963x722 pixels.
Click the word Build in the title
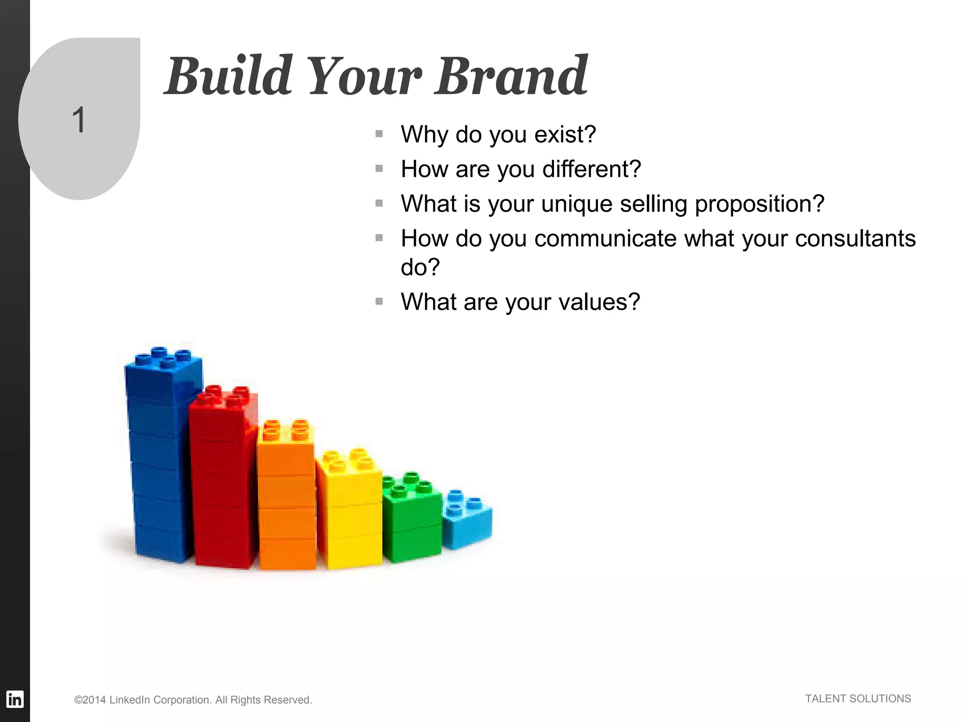pyautogui.click(x=229, y=76)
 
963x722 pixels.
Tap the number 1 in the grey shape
pyautogui.click(x=79, y=120)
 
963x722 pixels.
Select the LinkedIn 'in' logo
pyautogui.click(x=15, y=699)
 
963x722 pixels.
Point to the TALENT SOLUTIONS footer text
pyautogui.click(x=858, y=698)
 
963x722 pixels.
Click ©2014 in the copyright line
pyautogui.click(x=90, y=700)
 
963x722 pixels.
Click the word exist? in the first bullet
pyautogui.click(x=565, y=134)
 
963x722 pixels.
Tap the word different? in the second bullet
pyautogui.click(x=592, y=169)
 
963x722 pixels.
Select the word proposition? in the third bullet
pyautogui.click(x=759, y=204)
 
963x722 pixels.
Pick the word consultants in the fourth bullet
pyautogui.click(x=855, y=239)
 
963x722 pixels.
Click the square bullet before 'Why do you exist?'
pyautogui.click(x=379, y=134)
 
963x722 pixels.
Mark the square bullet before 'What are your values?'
pyautogui.click(x=379, y=301)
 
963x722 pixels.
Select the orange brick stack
pyautogui.click(x=286, y=498)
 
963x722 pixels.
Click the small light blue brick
pyautogui.click(x=467, y=522)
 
